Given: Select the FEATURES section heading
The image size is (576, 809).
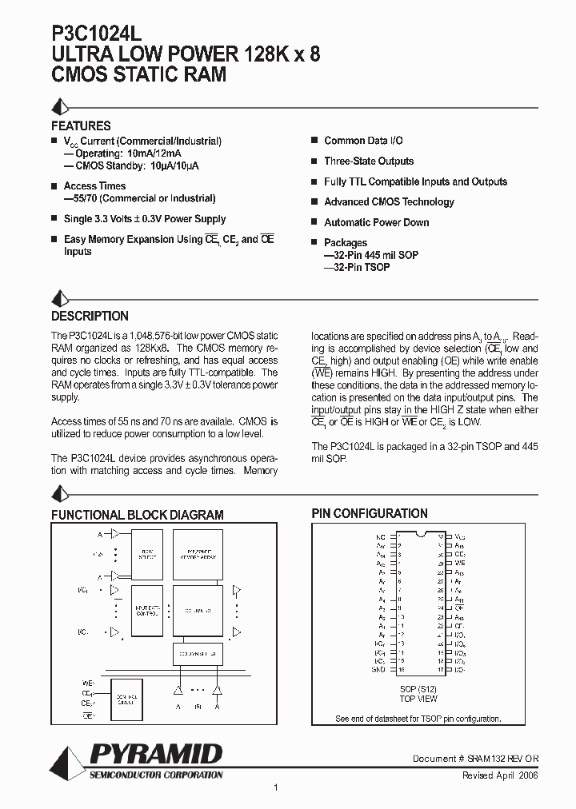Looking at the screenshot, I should tap(81, 126).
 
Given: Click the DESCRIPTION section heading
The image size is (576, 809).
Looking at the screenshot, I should tap(90, 316).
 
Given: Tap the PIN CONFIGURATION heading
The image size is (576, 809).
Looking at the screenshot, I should tap(369, 513).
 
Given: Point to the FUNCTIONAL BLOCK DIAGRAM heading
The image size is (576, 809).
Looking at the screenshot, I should tap(138, 515).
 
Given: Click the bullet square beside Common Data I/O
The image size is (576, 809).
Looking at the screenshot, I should tap(315, 140).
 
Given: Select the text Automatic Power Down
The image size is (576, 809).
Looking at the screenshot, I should tap(376, 222).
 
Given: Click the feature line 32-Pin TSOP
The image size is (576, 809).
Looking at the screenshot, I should tap(357, 267).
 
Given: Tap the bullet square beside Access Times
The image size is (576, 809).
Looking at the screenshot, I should tap(55, 185).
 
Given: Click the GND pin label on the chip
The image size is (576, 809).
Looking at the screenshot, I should tap(379, 668).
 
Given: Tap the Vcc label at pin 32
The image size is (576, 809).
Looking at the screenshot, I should tap(459, 536).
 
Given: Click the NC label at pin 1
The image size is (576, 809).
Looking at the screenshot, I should tap(380, 536).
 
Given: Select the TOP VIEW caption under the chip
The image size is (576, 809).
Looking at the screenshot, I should tap(418, 699).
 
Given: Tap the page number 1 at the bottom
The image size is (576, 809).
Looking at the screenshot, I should tap(275, 787).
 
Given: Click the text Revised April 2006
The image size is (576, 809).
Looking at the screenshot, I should tap(500, 775).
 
